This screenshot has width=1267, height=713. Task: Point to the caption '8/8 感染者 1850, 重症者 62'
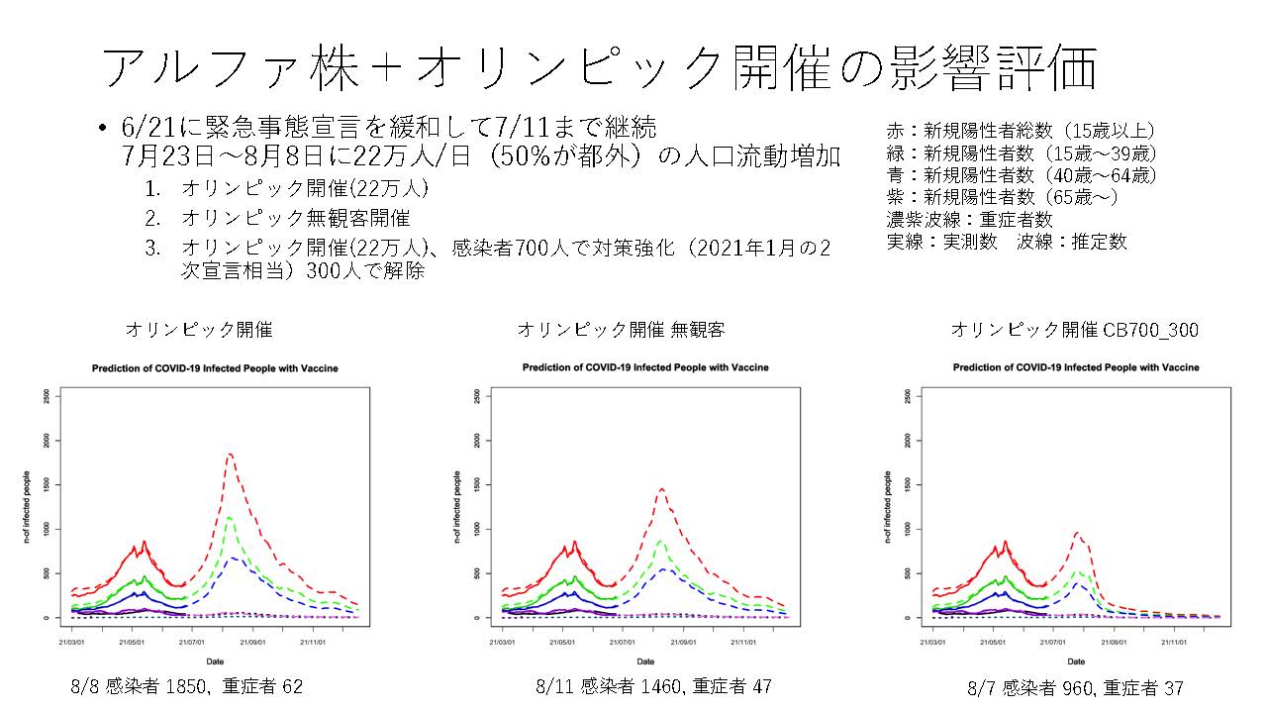(187, 685)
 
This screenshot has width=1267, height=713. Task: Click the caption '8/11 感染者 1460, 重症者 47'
(653, 685)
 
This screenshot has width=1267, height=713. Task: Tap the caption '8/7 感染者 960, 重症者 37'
(1075, 687)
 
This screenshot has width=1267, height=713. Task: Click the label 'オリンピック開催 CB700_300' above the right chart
(1074, 330)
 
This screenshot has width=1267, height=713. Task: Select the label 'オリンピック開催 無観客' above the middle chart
(621, 330)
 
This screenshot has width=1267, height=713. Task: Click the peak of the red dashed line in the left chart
(230, 454)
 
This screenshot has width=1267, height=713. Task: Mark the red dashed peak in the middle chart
(661, 488)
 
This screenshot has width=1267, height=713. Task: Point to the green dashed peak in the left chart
(229, 517)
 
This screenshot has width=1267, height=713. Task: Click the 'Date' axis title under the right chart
(1075, 661)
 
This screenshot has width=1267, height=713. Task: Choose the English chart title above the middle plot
(645, 367)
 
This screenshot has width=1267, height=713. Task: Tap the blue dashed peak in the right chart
(1080, 583)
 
